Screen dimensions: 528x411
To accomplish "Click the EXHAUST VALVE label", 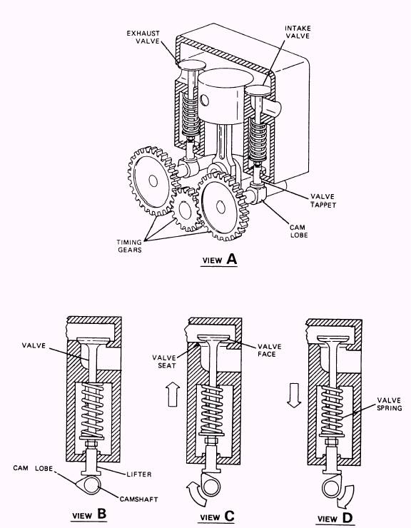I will tap(145, 38).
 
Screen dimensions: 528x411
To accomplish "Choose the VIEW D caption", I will tap(335, 514).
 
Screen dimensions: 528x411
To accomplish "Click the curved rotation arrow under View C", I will tap(188, 492).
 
